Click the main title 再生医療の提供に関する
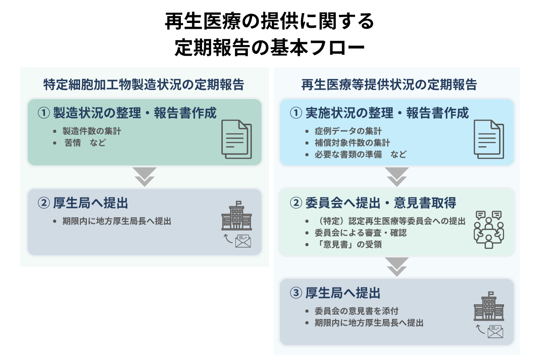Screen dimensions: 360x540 pyautogui.click(x=270, y=21)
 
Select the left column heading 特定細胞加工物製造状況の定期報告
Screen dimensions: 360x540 pyautogui.click(x=144, y=85)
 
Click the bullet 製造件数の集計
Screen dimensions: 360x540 pyautogui.click(x=92, y=132)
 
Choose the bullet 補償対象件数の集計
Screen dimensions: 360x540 pyautogui.click(x=352, y=143)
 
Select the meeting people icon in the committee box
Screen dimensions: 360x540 pyautogui.click(x=489, y=229)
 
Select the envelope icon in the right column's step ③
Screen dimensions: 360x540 pyautogui.click(x=495, y=332)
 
